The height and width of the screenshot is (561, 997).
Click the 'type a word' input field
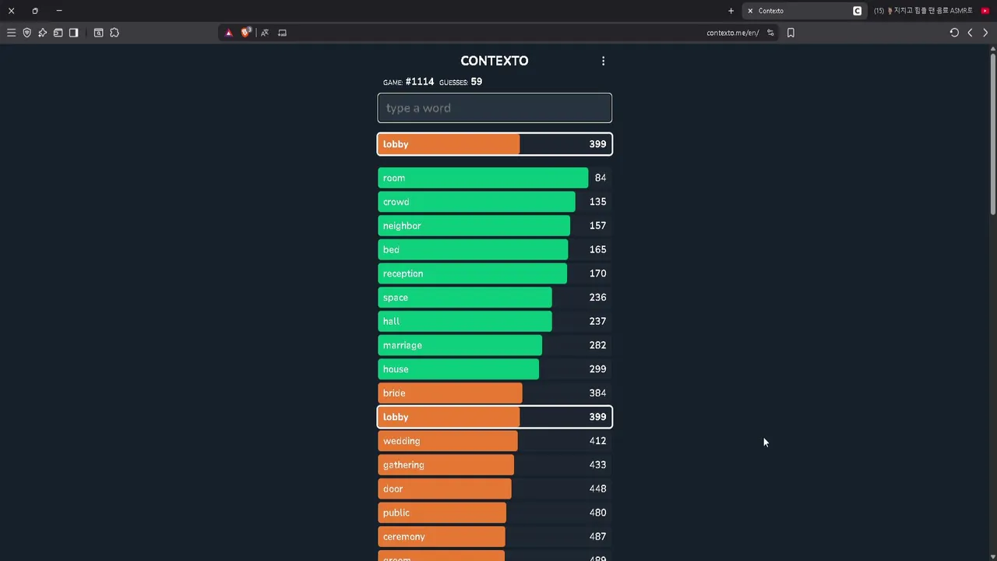[x=495, y=108]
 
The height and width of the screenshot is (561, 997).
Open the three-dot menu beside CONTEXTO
[x=603, y=61]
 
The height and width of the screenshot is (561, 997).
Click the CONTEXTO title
[x=494, y=61]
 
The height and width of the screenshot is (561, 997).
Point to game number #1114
[x=419, y=82]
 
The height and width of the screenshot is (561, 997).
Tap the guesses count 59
[x=476, y=82]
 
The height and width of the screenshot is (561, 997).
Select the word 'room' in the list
[x=394, y=178]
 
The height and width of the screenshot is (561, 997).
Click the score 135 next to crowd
[x=597, y=202]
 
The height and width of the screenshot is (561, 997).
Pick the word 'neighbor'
[x=402, y=226]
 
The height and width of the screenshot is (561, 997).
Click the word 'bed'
[x=391, y=250]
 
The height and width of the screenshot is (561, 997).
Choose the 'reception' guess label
[x=403, y=273]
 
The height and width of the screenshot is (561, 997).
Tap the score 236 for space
[x=597, y=298]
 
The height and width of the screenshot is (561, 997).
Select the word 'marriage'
[x=403, y=345]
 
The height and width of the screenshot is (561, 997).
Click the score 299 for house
[x=597, y=369]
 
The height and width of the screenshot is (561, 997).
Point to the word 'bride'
[x=394, y=393]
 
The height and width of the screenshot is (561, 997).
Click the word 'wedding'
[x=401, y=441]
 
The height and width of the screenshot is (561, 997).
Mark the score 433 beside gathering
[x=597, y=465]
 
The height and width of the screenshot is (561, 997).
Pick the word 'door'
[x=393, y=489]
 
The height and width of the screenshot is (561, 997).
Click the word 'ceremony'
[x=403, y=537]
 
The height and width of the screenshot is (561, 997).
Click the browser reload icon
[x=954, y=33]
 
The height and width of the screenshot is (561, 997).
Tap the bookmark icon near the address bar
[x=791, y=33]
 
